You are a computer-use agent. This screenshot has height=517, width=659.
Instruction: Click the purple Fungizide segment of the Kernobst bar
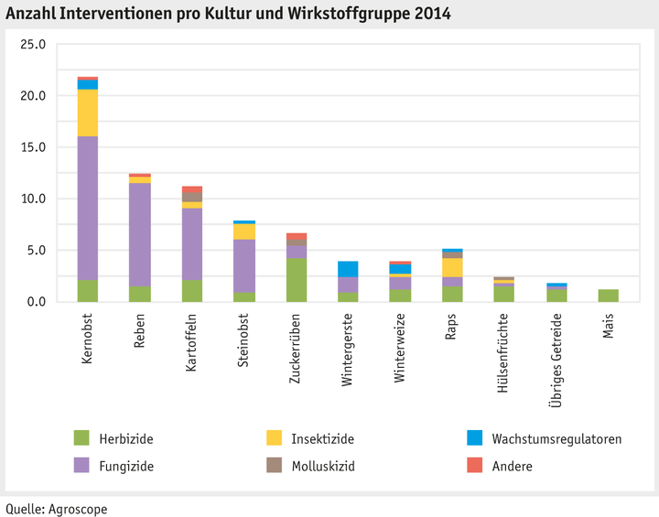pyautogui.click(x=88, y=208)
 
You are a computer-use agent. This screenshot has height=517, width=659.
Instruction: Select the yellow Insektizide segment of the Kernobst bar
pyautogui.click(x=88, y=113)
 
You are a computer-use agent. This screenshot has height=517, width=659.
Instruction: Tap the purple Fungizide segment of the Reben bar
pyautogui.click(x=140, y=234)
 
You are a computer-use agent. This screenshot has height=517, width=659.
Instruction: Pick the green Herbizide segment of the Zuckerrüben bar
pyautogui.click(x=297, y=279)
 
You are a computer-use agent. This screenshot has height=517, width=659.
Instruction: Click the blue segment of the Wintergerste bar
pyautogui.click(x=349, y=269)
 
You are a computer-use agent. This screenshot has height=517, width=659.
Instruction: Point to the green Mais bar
pyautogui.click(x=610, y=296)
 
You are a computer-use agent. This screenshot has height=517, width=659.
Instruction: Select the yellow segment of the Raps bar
pyautogui.click(x=453, y=267)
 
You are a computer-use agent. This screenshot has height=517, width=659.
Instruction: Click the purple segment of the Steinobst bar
pyautogui.click(x=244, y=265)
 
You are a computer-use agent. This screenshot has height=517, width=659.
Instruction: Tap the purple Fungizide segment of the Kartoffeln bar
pyautogui.click(x=192, y=243)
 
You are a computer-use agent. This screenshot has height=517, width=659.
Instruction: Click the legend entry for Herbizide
pyautogui.click(x=128, y=439)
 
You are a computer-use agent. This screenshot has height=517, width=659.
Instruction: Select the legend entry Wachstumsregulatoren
pyautogui.click(x=556, y=439)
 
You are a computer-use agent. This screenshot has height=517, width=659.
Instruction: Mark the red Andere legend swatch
pyautogui.click(x=474, y=466)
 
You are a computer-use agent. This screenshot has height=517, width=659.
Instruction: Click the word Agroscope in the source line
pyautogui.click(x=78, y=508)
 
